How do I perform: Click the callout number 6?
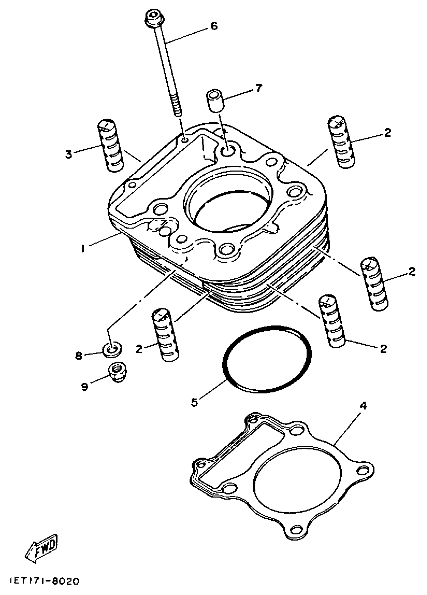coord(214,26)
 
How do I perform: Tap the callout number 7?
coord(258,88)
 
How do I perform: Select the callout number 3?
coord(69,154)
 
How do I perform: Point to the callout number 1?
coord(83,248)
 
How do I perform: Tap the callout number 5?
coord(194,402)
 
